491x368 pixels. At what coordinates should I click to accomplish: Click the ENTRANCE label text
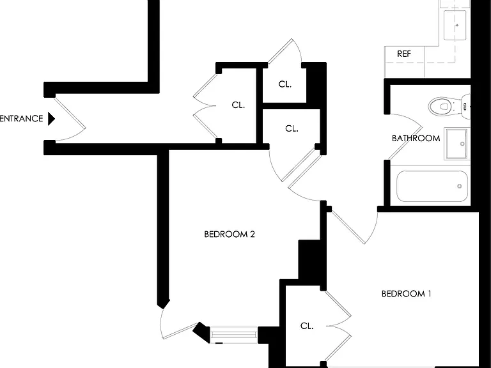21,119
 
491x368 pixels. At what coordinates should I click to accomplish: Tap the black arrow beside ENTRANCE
51,119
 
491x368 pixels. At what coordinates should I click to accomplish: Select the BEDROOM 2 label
230,234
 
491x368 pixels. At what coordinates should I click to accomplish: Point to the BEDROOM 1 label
407,293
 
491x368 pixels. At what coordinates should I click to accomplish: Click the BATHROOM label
416,138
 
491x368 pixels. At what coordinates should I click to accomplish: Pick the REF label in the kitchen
404,54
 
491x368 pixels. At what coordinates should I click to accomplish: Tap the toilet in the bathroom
449,107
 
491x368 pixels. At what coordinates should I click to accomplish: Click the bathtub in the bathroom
432,186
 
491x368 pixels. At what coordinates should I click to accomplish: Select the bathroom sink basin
457,143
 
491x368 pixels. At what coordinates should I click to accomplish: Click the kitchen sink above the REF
455,25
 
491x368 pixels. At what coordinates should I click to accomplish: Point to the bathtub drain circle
460,186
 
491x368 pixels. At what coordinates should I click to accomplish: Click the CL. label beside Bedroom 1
307,326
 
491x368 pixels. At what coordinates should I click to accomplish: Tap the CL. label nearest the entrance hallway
238,105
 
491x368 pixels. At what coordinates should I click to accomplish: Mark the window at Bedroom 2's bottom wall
233,335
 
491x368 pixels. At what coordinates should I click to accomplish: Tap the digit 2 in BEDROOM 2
253,234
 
